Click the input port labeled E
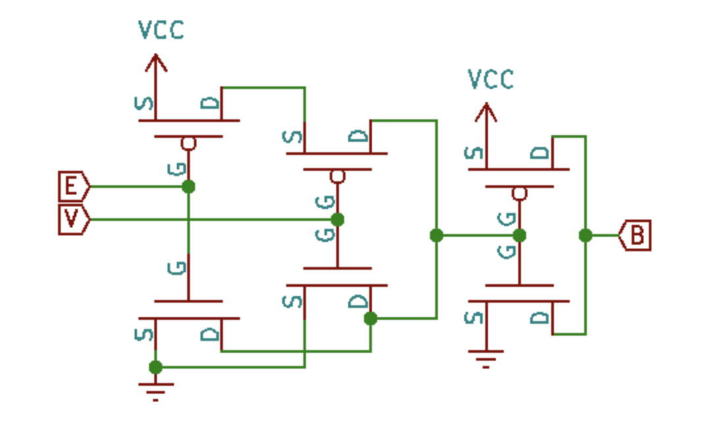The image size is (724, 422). point(73,187)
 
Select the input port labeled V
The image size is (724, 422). point(73,220)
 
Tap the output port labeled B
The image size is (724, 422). point(635,235)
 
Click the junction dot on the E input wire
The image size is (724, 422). point(189,187)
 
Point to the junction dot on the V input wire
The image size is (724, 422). point(337,220)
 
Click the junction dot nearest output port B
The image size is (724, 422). point(585,235)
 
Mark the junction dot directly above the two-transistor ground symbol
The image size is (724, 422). point(156,367)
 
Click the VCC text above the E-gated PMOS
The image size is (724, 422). point(161,30)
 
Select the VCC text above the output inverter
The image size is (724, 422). point(491,79)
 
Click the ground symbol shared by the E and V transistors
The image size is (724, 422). point(156,391)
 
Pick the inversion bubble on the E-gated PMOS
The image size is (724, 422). point(189,144)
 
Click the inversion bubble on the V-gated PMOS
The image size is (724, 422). point(337,177)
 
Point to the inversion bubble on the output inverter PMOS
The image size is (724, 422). point(519,193)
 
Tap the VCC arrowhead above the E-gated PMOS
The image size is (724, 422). point(156,62)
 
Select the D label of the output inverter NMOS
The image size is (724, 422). point(539,318)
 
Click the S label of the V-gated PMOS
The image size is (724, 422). point(294,137)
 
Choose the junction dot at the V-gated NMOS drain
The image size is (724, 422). point(371,318)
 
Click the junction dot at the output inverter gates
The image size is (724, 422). point(519,235)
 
